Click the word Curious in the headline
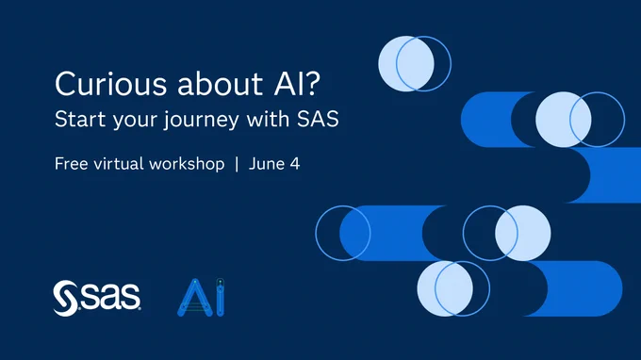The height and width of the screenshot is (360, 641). tap(111, 84)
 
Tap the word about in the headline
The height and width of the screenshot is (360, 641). tap(220, 83)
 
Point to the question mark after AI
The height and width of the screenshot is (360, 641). tap(312, 83)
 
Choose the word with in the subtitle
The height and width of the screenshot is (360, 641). tap(268, 119)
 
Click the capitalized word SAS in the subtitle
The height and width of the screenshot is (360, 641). tap(318, 120)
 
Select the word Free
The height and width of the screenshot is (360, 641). tap(71, 164)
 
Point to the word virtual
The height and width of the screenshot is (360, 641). tap(119, 164)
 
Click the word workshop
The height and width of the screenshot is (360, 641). tap(187, 165)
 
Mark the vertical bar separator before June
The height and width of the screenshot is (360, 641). tap(237, 164)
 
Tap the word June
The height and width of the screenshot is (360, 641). tap(267, 164)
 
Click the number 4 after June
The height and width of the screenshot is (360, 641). tap(295, 164)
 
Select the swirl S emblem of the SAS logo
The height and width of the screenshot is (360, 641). tap(65, 299)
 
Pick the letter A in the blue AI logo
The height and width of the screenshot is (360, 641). tap(195, 298)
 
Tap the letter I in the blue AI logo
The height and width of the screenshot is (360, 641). tap(220, 297)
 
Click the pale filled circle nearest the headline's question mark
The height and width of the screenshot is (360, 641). tap(406, 63)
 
